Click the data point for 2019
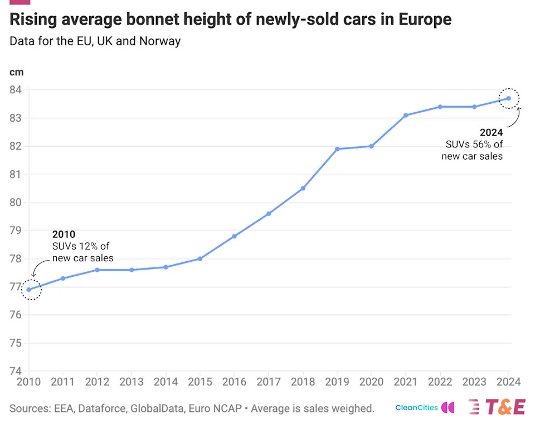(x=337, y=149)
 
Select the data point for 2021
(x=406, y=115)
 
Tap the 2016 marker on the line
(x=234, y=236)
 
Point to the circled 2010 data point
(x=29, y=290)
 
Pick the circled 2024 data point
(x=509, y=98)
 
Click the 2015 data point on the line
(x=200, y=258)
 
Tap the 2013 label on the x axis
(x=131, y=382)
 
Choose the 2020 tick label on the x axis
(x=371, y=382)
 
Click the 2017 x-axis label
(x=268, y=382)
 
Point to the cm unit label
(x=16, y=71)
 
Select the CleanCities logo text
(x=416, y=407)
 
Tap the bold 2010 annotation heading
(x=64, y=234)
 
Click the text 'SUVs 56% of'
(x=474, y=145)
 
